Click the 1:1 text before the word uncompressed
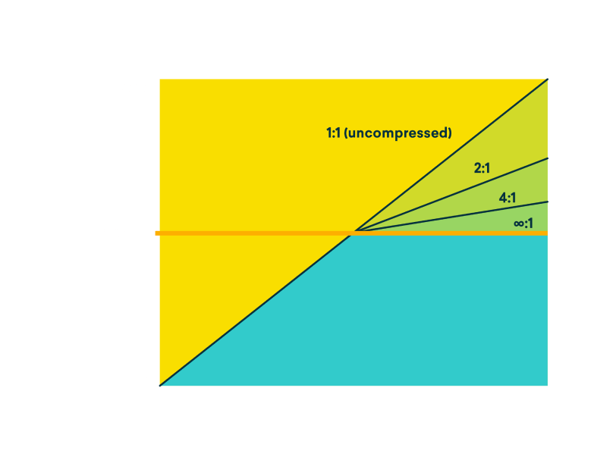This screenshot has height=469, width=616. pos(333,133)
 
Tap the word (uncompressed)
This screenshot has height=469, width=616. pos(398,133)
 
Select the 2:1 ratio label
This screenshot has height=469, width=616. pos(482,168)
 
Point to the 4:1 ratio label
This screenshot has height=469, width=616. pos(508,198)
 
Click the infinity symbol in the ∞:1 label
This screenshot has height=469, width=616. pos(520,224)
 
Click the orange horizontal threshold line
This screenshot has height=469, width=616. pos(351,233)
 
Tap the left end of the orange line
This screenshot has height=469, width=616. pos(156,233)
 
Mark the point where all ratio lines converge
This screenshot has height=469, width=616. pos(355,231)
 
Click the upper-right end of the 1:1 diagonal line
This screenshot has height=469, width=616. pos(548,80)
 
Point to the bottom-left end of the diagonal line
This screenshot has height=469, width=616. pos(160,386)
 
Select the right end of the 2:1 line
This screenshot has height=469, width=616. pos(548,158)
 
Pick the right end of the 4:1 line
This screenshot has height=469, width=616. pos(548,202)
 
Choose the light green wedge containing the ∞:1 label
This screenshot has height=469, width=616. pos(491,222)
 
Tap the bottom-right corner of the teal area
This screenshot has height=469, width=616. pos(547,385)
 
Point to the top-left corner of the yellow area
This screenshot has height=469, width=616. pos(160,80)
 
